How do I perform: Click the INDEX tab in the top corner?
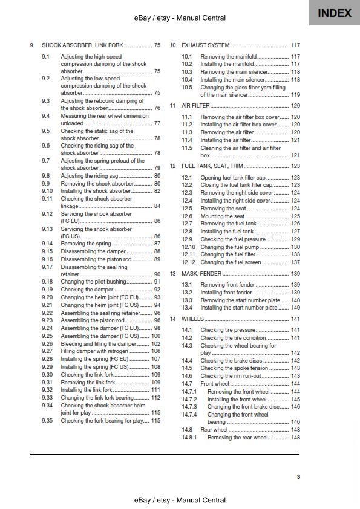(x=334, y=13)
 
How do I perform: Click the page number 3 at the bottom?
(x=298, y=476)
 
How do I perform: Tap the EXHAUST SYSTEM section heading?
(x=205, y=45)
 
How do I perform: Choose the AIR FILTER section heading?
(x=195, y=106)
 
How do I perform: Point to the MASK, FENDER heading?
(x=201, y=273)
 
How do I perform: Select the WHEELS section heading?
(x=193, y=319)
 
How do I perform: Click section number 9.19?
(x=47, y=290)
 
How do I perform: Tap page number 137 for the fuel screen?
(x=295, y=262)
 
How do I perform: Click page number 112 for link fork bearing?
(x=155, y=398)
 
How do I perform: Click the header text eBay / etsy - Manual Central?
(x=180, y=19)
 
